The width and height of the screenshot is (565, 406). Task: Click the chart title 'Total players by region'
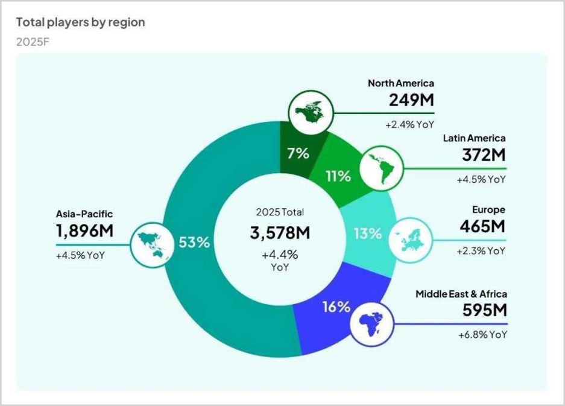point(80,22)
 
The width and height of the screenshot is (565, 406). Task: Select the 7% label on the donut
point(298,153)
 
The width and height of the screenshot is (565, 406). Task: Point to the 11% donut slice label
point(338,176)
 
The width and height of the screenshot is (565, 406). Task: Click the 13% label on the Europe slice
point(367,233)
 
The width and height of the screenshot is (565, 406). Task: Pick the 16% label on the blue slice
point(336,306)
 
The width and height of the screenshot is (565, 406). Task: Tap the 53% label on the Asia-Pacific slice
point(194,243)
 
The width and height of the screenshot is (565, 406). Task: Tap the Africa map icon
point(370,324)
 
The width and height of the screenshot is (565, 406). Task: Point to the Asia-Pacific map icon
point(151,244)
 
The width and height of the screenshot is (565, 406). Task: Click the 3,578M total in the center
point(280,232)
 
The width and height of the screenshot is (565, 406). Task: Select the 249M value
point(411,100)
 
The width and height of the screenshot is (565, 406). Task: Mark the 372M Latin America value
point(484,154)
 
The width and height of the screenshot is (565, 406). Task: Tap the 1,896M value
point(85,230)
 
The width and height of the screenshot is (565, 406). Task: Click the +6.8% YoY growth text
point(481,334)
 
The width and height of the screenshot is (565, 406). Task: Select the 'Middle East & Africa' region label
point(461,294)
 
